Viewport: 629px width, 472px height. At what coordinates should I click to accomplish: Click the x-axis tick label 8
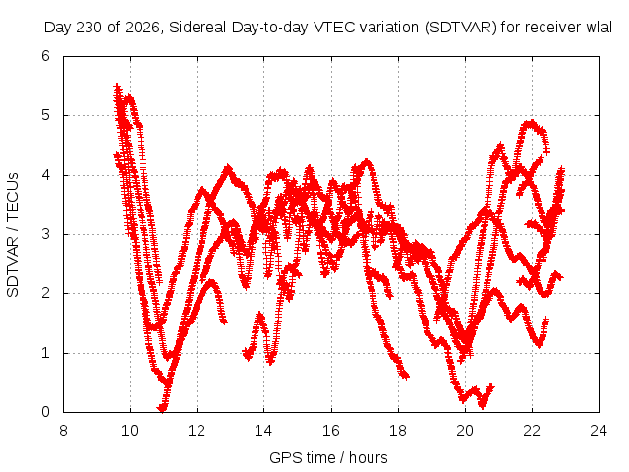[x=63, y=431]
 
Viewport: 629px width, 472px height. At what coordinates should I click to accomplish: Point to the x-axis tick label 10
[x=130, y=431]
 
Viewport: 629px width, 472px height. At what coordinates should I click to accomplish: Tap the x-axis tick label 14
[x=263, y=431]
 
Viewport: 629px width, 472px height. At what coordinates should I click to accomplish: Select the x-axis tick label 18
[x=398, y=431]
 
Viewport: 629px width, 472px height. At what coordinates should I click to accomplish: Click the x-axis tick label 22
[x=532, y=431]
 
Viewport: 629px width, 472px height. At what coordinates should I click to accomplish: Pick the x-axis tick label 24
[x=599, y=431]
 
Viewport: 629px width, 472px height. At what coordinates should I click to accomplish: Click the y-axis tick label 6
[x=46, y=56]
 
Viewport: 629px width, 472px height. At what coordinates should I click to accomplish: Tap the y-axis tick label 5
[x=46, y=115]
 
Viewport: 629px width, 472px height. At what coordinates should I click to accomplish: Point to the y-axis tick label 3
[x=46, y=234]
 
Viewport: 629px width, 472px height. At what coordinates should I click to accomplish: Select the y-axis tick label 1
[x=46, y=353]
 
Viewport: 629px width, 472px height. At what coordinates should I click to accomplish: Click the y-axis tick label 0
[x=46, y=412]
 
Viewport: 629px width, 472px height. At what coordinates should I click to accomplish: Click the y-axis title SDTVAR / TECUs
[x=13, y=235]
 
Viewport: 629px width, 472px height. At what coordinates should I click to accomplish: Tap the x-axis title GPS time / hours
[x=328, y=457]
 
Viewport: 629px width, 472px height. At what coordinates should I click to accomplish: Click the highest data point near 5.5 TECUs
[x=117, y=86]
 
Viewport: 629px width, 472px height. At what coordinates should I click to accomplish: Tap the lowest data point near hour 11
[x=161, y=409]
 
